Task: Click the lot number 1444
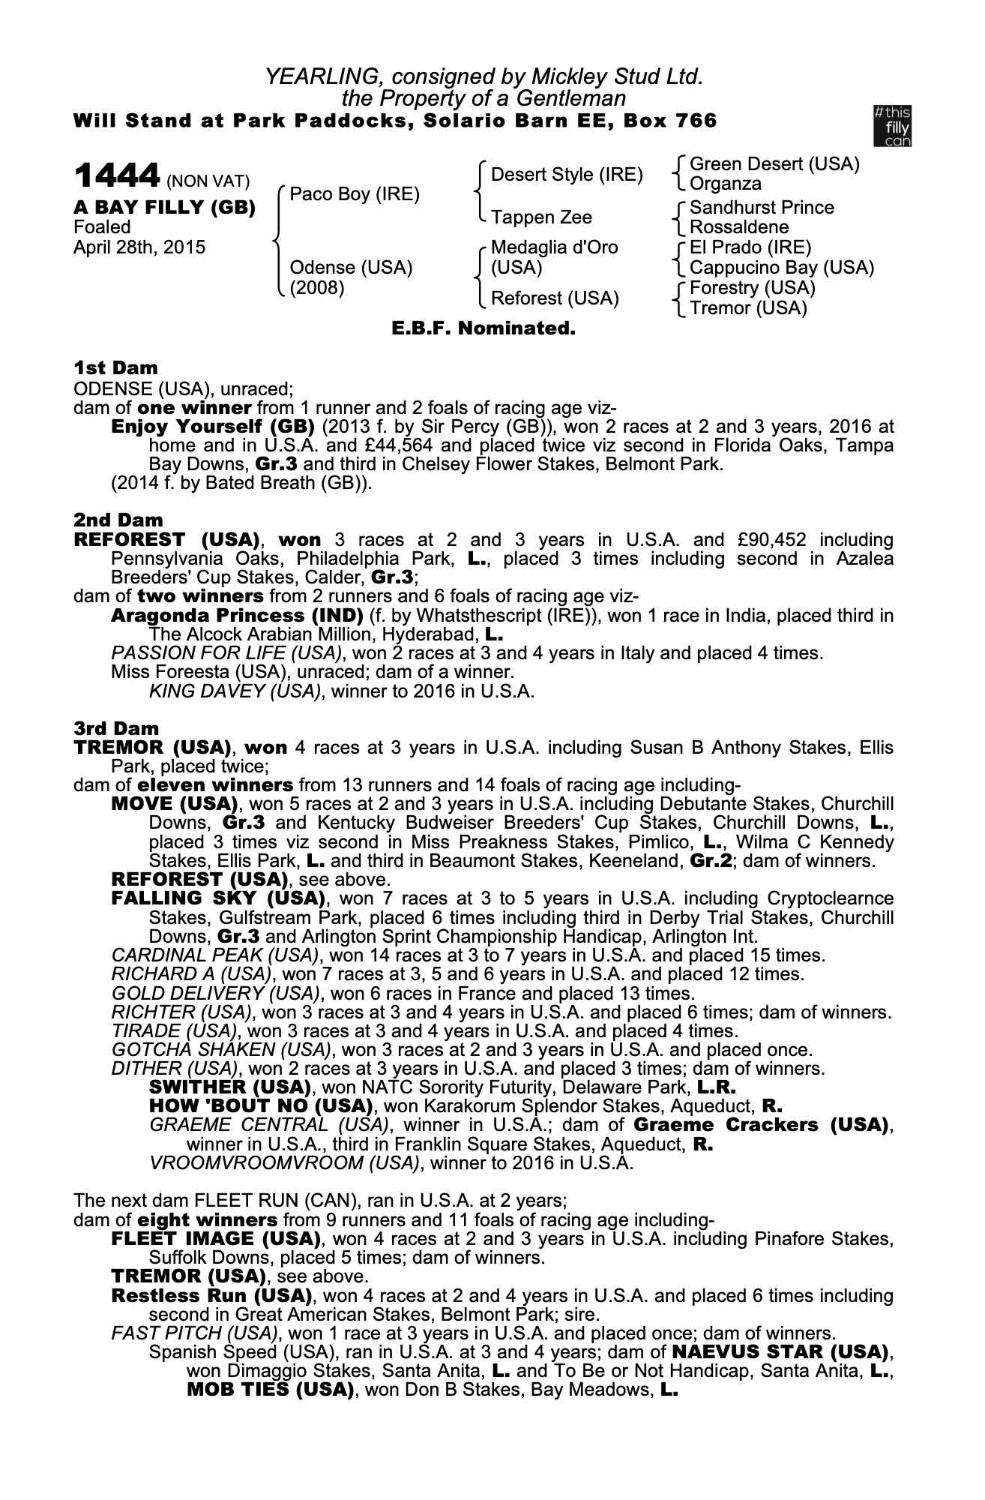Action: point(116,176)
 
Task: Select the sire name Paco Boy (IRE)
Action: point(355,194)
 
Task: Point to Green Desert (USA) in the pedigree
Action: point(774,164)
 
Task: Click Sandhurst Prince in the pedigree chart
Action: point(761,207)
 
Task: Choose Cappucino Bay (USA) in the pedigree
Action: point(781,268)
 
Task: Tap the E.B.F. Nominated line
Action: point(484,328)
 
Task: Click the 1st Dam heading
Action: point(115,368)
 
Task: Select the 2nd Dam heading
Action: point(118,520)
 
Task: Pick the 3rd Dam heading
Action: point(116,728)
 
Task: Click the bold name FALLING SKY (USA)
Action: point(218,898)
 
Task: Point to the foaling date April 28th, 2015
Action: point(139,247)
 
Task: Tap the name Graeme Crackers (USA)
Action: point(763,1125)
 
